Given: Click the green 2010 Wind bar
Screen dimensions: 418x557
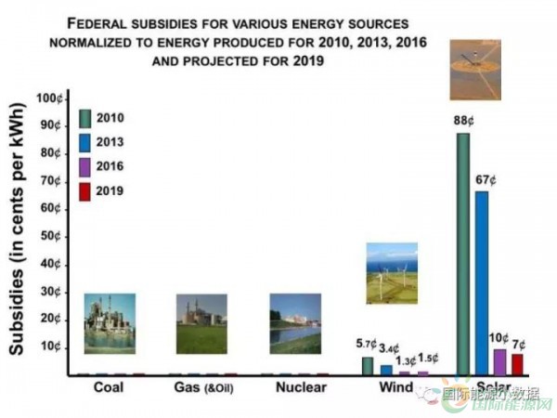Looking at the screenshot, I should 368,366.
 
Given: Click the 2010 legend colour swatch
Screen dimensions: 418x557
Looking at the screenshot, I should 85,118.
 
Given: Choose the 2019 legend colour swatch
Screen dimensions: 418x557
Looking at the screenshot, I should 85,191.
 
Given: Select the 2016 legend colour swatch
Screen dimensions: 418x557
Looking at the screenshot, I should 85,167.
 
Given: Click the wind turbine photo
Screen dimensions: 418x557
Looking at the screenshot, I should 391,272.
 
